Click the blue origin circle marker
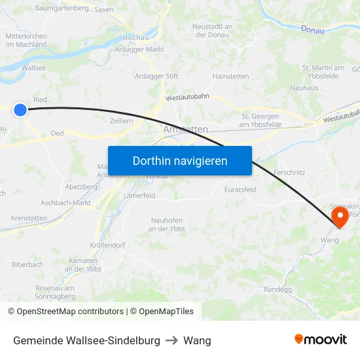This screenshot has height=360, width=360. tap(20, 110)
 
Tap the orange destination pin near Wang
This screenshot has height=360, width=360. tap(340, 217)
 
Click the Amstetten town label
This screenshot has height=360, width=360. tap(186, 130)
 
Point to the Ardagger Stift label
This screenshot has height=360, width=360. tap(156, 76)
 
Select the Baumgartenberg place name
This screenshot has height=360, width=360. tap(62, 8)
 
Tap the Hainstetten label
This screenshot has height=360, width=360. tap(230, 77)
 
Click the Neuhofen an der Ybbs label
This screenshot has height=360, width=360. tap(168, 224)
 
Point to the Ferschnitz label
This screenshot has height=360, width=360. tap(289, 172)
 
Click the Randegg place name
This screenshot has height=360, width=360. tap(278, 289)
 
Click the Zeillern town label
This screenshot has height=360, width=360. tap(122, 121)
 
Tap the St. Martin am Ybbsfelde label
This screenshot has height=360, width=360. tap(323, 72)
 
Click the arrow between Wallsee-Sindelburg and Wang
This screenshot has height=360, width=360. tap(171, 340)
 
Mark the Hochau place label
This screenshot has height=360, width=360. tap(133, 39)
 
